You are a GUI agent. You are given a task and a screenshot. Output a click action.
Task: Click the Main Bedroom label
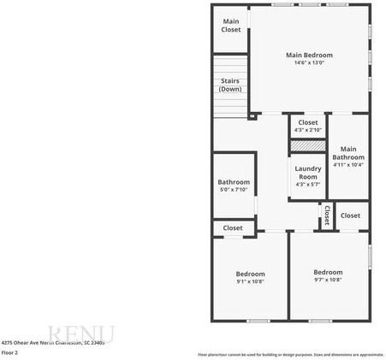pyautogui.click(x=309, y=55)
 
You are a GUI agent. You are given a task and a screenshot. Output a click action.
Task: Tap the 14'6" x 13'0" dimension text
pyautogui.click(x=309, y=62)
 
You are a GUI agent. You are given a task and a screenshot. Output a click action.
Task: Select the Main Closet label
pyautogui.click(x=231, y=26)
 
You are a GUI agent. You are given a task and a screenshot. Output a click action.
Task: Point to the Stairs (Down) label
pyautogui.click(x=229, y=85)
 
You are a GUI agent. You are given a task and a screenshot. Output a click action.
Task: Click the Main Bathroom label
pyautogui.click(x=348, y=153)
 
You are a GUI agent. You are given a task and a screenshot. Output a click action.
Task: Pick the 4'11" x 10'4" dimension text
pyautogui.click(x=348, y=165)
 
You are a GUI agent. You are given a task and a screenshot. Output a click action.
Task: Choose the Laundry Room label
pyautogui.click(x=308, y=172)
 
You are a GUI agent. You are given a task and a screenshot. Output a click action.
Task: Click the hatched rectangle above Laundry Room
pyautogui.click(x=308, y=146)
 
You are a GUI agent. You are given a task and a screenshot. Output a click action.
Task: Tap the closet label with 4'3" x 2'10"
pyautogui.click(x=308, y=122)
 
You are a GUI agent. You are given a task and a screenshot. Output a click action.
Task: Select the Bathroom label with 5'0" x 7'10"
pyautogui.click(x=234, y=182)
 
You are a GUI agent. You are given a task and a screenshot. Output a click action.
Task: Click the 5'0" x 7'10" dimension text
pyautogui.click(x=234, y=190)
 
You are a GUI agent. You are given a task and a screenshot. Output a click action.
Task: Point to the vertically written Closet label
pyautogui.click(x=326, y=215)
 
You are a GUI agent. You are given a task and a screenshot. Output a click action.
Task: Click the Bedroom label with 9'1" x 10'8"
pyautogui.click(x=250, y=273)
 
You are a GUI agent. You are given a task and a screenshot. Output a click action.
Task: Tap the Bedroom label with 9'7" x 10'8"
pyautogui.click(x=328, y=272)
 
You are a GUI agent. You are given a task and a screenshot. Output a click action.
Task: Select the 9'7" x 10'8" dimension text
pyautogui.click(x=328, y=280)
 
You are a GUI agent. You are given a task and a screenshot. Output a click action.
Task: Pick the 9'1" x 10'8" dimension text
pyautogui.click(x=250, y=280)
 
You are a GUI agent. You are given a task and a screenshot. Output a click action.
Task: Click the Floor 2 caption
pyautogui.click(x=10, y=352)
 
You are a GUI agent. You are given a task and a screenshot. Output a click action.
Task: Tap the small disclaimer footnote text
pyautogui.click(x=291, y=354)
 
